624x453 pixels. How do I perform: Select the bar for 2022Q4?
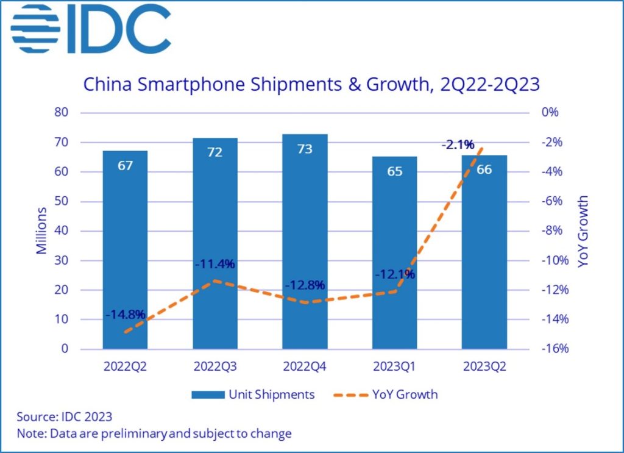coord(305,244)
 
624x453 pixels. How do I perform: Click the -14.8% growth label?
coord(125,315)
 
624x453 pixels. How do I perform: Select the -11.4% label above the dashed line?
coord(215,264)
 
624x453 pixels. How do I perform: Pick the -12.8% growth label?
coord(305,285)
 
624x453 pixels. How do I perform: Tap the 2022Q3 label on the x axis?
coord(215,367)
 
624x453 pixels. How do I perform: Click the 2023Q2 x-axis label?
coord(484,367)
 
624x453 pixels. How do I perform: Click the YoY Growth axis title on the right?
coord(583,232)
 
